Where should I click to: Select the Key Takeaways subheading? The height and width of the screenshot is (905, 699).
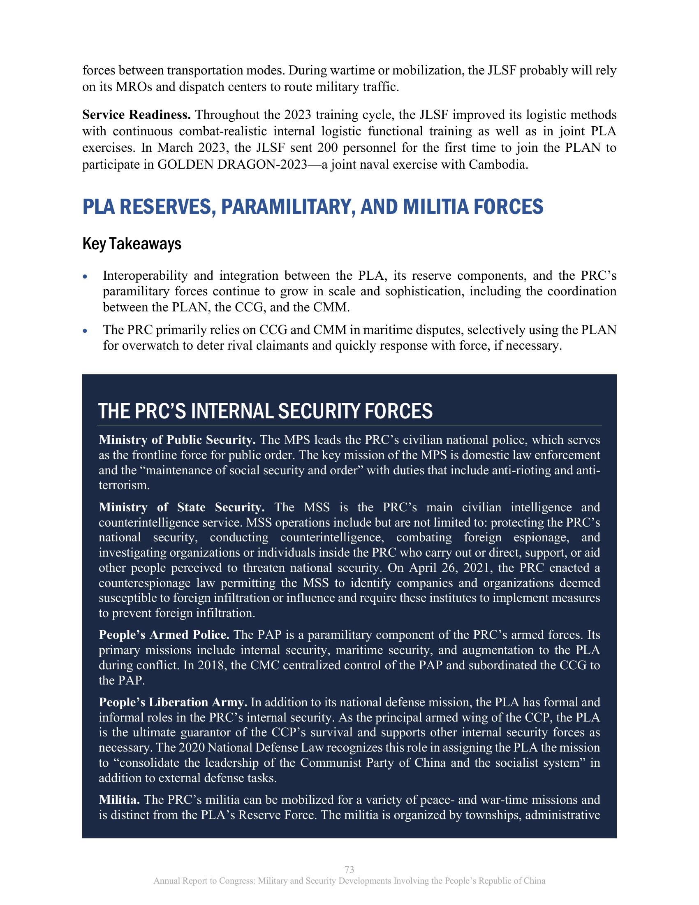click(132, 244)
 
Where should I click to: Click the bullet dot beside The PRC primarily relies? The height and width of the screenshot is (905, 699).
click(85, 331)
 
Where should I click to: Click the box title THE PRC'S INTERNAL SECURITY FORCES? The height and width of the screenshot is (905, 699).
click(266, 411)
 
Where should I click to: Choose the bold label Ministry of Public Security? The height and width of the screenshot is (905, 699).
click(177, 440)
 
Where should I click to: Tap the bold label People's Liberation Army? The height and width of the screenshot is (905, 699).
click(173, 702)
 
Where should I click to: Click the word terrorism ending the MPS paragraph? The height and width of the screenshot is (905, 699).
click(124, 485)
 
